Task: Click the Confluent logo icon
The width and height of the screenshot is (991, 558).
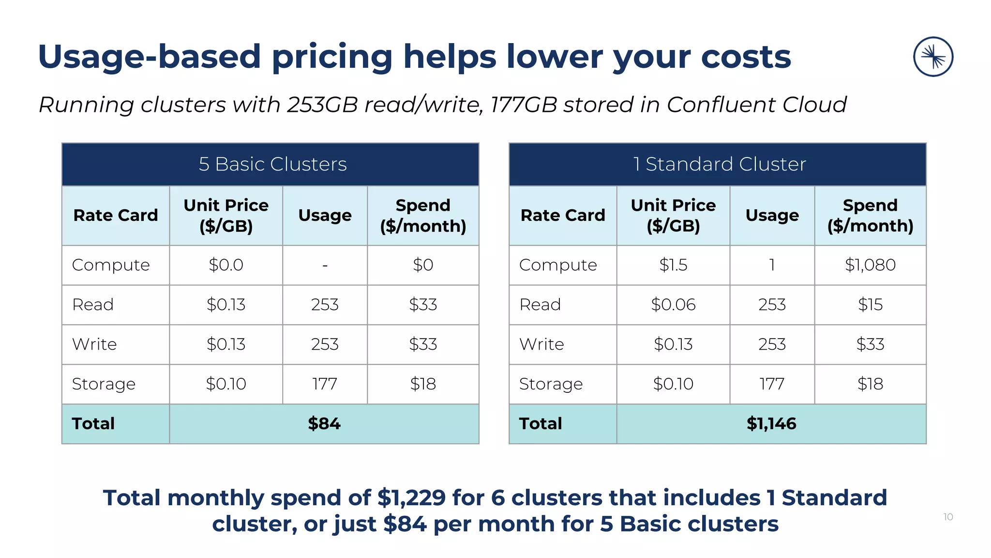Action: click(x=933, y=57)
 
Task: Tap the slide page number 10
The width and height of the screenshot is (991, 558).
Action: click(x=948, y=517)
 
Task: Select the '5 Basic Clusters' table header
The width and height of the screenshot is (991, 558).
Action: click(x=272, y=164)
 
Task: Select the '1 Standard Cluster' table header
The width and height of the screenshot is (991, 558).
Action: click(x=720, y=164)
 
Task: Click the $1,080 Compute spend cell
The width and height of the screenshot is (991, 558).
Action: click(x=870, y=265)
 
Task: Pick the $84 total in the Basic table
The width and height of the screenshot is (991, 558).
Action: click(x=324, y=424)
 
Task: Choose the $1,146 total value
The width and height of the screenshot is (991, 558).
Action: click(x=771, y=424)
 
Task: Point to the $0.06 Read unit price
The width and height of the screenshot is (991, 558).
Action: click(x=673, y=305)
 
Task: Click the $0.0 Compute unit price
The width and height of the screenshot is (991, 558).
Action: click(x=226, y=265)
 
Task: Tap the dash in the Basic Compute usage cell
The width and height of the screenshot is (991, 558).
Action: click(x=325, y=265)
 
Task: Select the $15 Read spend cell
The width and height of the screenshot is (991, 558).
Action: click(x=870, y=305)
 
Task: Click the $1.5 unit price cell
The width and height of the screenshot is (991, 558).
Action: click(x=673, y=265)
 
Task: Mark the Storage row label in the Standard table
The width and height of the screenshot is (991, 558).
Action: click(x=551, y=384)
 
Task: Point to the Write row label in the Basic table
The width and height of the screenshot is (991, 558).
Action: click(x=94, y=344)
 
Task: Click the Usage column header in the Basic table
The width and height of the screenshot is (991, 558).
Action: click(x=325, y=216)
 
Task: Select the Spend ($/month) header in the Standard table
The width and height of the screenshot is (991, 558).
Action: click(x=870, y=216)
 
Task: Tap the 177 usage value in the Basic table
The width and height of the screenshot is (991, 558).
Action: click(x=325, y=384)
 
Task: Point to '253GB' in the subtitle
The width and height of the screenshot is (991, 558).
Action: click(x=322, y=105)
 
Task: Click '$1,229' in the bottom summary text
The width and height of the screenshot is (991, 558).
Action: click(x=411, y=498)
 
